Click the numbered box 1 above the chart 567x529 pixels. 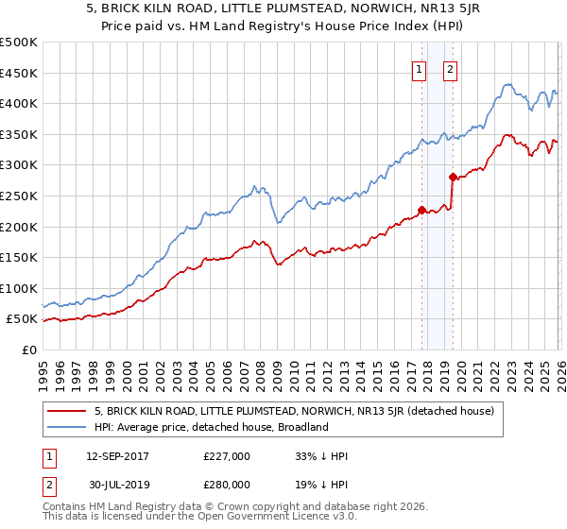click(x=419, y=69)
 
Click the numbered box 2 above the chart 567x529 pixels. click(x=450, y=69)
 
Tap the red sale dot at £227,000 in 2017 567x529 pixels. click(x=421, y=210)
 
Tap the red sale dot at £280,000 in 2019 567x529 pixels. click(x=453, y=177)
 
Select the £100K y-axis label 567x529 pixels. click(x=20, y=288)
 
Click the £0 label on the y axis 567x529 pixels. click(x=29, y=350)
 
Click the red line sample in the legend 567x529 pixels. click(x=67, y=412)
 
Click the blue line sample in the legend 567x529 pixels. click(x=67, y=427)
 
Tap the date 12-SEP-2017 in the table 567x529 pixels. click(x=117, y=456)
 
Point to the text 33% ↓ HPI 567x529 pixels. click(x=321, y=456)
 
